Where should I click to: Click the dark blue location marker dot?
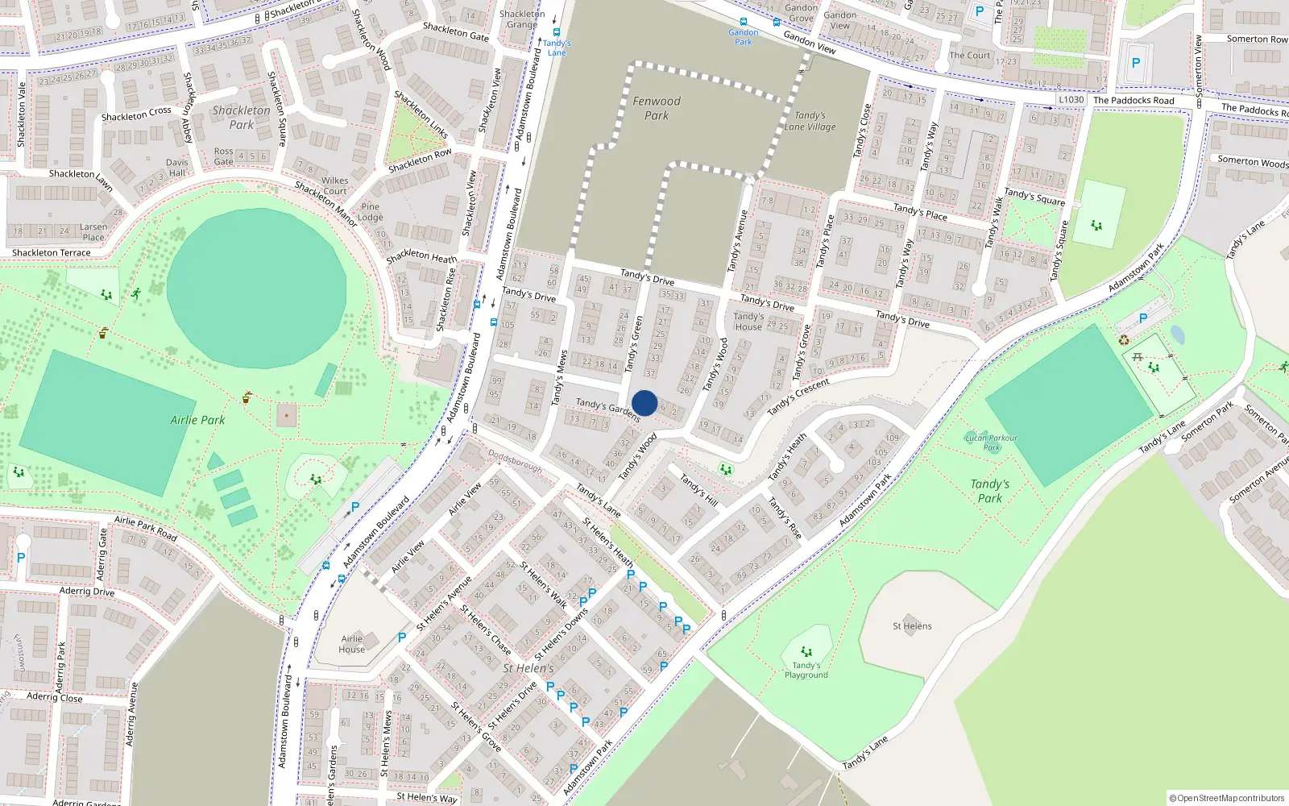(644, 403)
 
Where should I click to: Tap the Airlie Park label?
(197, 420)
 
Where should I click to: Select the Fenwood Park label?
(657, 108)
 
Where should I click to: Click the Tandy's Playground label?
(806, 670)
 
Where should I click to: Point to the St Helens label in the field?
(912, 626)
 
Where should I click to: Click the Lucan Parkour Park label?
(991, 442)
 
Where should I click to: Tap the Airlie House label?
(352, 644)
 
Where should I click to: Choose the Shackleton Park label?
(241, 118)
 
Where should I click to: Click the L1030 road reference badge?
(1071, 100)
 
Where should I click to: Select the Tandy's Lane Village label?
(810, 121)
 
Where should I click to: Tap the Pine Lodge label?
(371, 212)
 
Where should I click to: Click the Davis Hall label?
(177, 168)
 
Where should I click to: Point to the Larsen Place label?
(93, 232)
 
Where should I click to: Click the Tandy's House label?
(748, 322)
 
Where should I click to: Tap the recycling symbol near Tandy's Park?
(1124, 340)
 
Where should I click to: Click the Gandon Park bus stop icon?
(743, 23)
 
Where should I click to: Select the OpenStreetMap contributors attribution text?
(1227, 798)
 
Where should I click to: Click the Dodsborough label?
(516, 460)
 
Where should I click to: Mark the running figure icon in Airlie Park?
(136, 293)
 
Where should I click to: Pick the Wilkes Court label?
(335, 186)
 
